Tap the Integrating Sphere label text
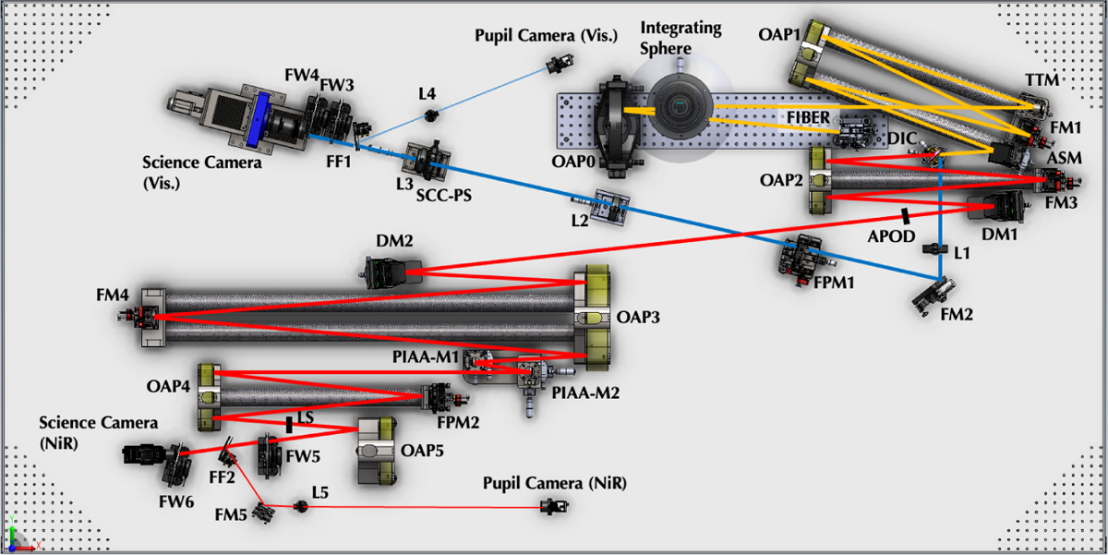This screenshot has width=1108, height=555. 680,37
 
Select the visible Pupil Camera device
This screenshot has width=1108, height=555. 556,65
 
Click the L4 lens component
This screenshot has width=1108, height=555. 430,115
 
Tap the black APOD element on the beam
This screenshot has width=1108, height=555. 905,215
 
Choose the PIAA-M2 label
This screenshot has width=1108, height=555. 584,392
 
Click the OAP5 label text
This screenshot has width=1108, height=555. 423,451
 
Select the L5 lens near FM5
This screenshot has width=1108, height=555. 299,505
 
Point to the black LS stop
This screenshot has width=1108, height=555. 290,424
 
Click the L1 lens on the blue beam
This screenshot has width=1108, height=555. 939,250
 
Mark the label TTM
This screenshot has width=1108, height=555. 1041,82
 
